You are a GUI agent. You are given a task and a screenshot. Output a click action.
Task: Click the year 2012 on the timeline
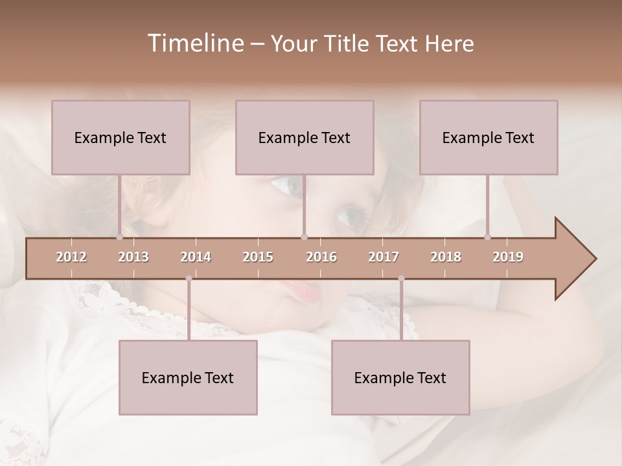coord(71,258)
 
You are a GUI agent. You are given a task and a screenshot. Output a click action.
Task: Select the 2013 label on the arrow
coord(133,258)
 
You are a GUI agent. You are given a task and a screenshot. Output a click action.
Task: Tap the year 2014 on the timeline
coord(196,258)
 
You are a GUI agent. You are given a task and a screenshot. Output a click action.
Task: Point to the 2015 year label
coord(258,258)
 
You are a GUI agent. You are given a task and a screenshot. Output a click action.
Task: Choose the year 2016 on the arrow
coord(321,258)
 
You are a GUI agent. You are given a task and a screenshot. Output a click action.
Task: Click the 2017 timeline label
coord(384,258)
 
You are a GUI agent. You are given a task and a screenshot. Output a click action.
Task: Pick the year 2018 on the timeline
coord(446,258)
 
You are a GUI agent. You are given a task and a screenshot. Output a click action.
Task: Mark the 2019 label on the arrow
coord(508,258)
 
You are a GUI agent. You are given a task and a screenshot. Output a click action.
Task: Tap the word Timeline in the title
coord(194,43)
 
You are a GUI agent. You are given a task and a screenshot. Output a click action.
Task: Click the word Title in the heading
coord(349,43)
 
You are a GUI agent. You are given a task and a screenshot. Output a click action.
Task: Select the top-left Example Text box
coord(121,137)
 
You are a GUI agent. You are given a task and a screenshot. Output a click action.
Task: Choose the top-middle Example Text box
coord(305,137)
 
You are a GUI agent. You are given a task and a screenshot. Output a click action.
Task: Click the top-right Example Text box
coord(489,137)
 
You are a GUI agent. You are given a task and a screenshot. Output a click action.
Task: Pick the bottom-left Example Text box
coord(188,377)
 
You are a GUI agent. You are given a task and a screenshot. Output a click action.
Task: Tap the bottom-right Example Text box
coord(400,377)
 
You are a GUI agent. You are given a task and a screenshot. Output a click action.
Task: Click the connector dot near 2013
coord(119,237)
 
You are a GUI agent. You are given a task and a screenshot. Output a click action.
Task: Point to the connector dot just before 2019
coord(487,237)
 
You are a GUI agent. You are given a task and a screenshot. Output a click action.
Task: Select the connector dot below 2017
coord(401,279)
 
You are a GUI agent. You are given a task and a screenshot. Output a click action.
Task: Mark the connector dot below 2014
coord(189,279)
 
